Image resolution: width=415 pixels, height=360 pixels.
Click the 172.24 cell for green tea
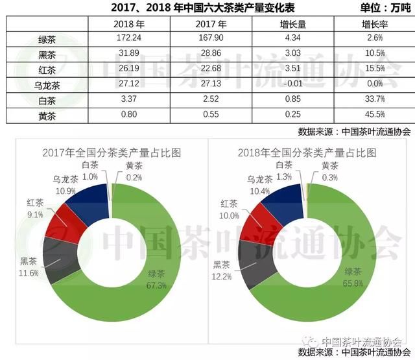pos(129,38)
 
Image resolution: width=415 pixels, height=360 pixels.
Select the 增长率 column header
pos(375,25)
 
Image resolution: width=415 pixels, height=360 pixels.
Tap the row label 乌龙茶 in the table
pos(47,86)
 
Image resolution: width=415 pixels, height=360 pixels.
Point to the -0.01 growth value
pos(292,84)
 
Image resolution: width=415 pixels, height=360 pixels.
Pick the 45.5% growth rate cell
pos(375,114)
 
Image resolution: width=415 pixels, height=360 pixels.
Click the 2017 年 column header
pos(211,24)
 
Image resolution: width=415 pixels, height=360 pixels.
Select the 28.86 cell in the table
pos(211,53)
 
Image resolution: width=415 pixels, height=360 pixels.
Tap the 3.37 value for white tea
pos(129,99)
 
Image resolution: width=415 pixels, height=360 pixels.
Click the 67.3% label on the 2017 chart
pos(156,285)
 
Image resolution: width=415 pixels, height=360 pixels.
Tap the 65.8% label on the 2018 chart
pos(353,283)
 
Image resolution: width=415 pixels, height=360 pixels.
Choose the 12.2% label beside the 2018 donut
pos(222,276)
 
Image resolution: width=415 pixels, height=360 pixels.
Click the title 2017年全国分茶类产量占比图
pos(112,152)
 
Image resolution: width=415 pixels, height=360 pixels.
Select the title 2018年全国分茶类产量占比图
pos(307,152)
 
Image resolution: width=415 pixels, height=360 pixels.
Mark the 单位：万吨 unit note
pos(385,8)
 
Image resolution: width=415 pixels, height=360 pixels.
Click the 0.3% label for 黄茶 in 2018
pos(330,177)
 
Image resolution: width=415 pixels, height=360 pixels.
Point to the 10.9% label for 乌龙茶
pos(65,191)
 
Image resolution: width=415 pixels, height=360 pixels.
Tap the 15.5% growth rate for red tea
pos(375,68)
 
